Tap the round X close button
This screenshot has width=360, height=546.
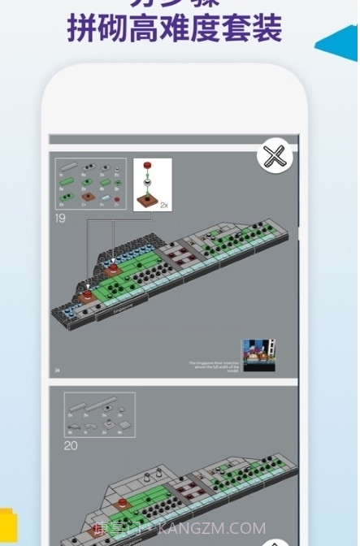[275, 156]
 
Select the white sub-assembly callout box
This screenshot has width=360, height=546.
[152, 184]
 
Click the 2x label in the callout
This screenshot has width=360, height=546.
[164, 206]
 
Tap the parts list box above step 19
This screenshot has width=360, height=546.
[90, 184]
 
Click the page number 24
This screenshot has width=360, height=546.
[58, 370]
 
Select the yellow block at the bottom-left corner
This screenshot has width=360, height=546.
[7, 528]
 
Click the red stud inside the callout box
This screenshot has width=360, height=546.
[148, 167]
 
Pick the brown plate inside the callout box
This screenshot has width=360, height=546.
[148, 201]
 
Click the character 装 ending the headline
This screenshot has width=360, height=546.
[267, 28]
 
